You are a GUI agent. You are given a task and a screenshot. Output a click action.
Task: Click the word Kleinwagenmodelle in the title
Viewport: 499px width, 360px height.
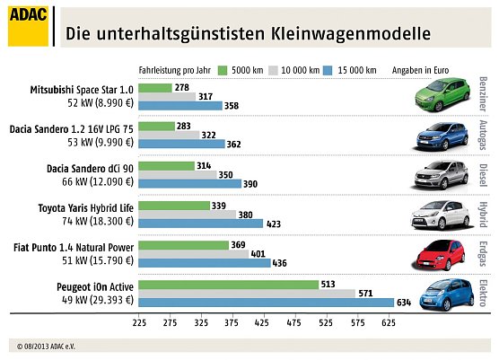(348, 34)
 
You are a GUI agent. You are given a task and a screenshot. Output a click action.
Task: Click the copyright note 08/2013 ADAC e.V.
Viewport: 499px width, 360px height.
(55, 345)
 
